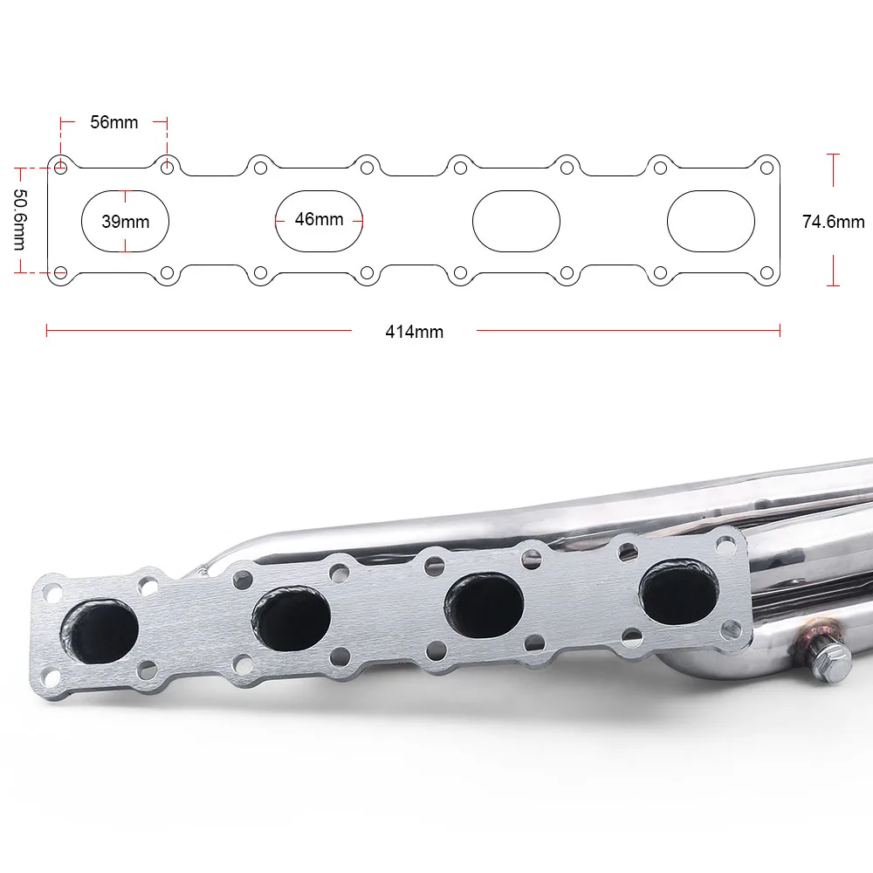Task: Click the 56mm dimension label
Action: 114,122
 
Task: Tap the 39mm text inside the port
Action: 125,222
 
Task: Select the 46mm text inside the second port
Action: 319,219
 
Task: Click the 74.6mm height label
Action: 833,222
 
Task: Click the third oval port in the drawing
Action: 515,222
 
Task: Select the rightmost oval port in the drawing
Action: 711,222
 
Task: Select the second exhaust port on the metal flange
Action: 292,613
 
